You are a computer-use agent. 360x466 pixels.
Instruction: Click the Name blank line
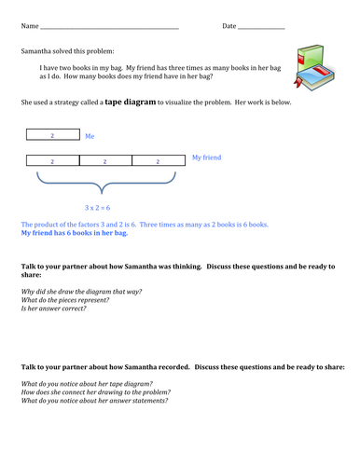[x=109, y=29]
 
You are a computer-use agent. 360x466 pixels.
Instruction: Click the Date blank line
[x=261, y=29]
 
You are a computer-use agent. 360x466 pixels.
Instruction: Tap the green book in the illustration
[x=310, y=58]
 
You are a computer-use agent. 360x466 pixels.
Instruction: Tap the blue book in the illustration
[x=314, y=76]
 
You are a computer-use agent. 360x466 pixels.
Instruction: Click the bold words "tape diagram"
[x=131, y=102]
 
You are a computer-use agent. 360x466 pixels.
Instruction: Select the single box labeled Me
[x=53, y=134]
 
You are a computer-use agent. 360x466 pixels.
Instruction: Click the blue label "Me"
[x=90, y=136]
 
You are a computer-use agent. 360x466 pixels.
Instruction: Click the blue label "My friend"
[x=206, y=158]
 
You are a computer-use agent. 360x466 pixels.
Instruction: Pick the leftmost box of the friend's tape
[x=53, y=160]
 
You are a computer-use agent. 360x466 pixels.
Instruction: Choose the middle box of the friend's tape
[x=105, y=160]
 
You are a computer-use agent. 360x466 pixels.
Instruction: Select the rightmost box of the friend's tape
[x=159, y=160]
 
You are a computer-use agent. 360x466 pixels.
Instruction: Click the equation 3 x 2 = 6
[x=97, y=208]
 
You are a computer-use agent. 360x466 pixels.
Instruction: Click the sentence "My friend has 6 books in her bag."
[x=75, y=233]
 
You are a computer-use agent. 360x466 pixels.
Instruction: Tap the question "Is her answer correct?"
[x=53, y=308]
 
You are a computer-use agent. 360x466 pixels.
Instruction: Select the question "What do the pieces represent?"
[x=65, y=300]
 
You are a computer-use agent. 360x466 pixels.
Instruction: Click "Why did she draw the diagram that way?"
[x=81, y=292]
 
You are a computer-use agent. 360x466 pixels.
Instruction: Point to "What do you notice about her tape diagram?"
[x=87, y=384]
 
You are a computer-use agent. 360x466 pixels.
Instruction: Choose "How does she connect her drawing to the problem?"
[x=96, y=392]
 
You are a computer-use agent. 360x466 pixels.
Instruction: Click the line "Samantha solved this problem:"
[x=67, y=51]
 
